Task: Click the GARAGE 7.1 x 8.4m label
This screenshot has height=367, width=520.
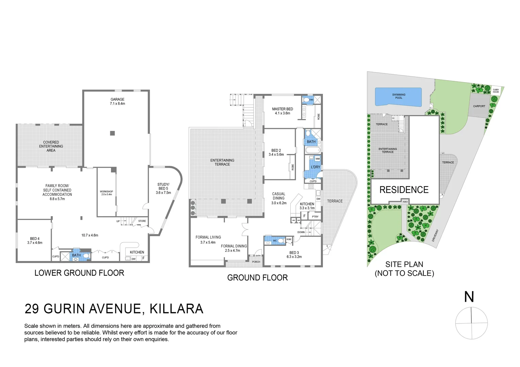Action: pos(117,102)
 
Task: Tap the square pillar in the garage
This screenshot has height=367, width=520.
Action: pos(112,133)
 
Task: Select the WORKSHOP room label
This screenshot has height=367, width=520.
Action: pos(107,193)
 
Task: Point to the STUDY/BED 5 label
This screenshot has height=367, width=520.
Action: pos(163,189)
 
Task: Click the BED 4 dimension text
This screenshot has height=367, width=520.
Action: pos(35,243)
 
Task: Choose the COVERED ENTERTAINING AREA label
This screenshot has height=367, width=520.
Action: pos(51,146)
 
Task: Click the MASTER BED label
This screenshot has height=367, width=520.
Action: pos(282,111)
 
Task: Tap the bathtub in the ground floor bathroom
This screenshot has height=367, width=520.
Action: pos(312,150)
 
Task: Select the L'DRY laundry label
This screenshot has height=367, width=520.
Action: pos(315,167)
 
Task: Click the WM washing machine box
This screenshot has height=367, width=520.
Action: pos(318,159)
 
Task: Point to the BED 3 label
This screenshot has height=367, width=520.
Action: pos(294,255)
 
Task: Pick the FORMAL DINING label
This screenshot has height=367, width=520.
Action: pos(233,248)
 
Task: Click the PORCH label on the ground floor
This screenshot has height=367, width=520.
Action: pos(256,262)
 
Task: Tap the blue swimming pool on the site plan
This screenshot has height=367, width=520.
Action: pos(398,97)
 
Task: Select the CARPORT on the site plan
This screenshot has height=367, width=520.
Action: pos(479,106)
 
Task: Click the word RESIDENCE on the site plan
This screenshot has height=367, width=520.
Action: pos(404,190)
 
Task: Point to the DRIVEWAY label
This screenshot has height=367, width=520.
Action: pos(435,235)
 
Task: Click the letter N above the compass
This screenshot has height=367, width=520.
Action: pos(469,297)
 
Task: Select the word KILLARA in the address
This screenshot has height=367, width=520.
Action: pos(176,309)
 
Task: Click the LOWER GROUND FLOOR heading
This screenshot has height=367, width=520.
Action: pos(79,273)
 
